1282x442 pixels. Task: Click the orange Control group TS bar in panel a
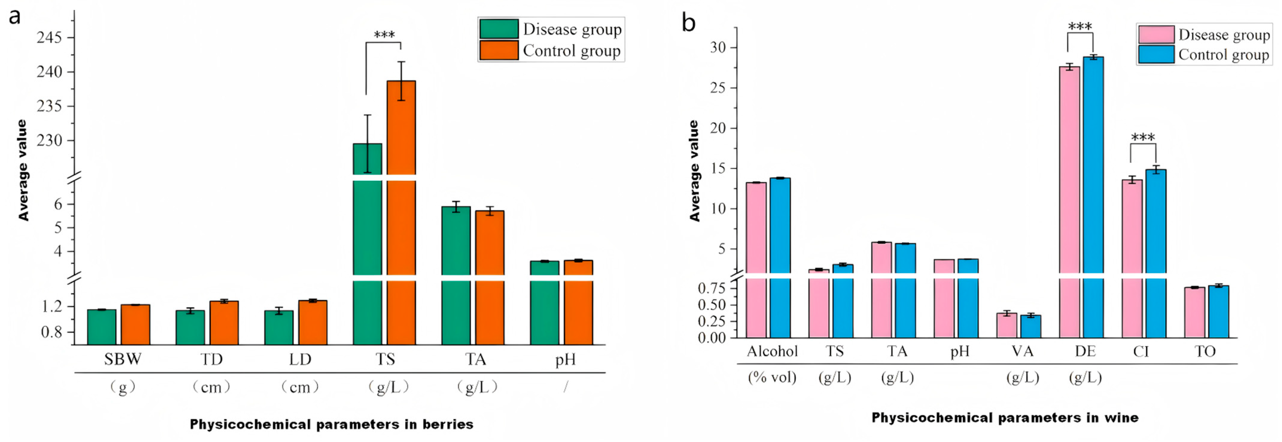pos(401,213)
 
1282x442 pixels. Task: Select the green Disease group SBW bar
pos(101,327)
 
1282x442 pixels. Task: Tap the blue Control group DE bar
pos(1093,198)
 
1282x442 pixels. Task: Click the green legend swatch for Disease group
pos(499,29)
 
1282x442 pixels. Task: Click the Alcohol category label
pos(772,351)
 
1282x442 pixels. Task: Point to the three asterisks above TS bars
pos(384,35)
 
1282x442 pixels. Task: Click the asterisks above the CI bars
pos(1143,137)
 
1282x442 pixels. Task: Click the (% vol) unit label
pos(772,377)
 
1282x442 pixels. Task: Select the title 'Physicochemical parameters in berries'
pos(331,424)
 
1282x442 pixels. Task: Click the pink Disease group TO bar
pos(1194,313)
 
